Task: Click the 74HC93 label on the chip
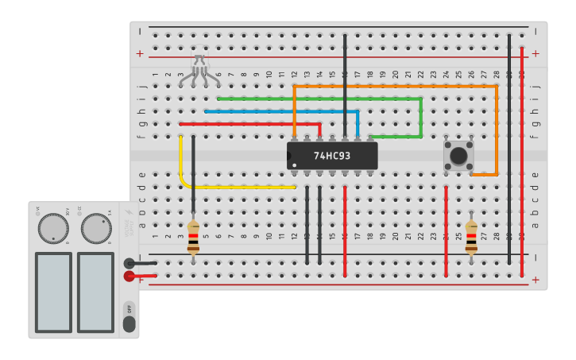tap(332, 157)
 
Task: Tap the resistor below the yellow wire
tap(193, 238)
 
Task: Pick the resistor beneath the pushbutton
tap(472, 238)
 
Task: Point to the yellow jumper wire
tap(238, 187)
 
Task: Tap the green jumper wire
tap(318, 99)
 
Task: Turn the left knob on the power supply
tap(53, 229)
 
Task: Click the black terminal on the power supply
tap(130, 264)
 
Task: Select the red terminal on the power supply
tap(130, 277)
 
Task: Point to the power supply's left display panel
tap(53, 292)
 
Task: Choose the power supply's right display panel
tap(95, 292)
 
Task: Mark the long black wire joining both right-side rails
tap(509, 151)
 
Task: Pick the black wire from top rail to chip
tap(345, 87)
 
